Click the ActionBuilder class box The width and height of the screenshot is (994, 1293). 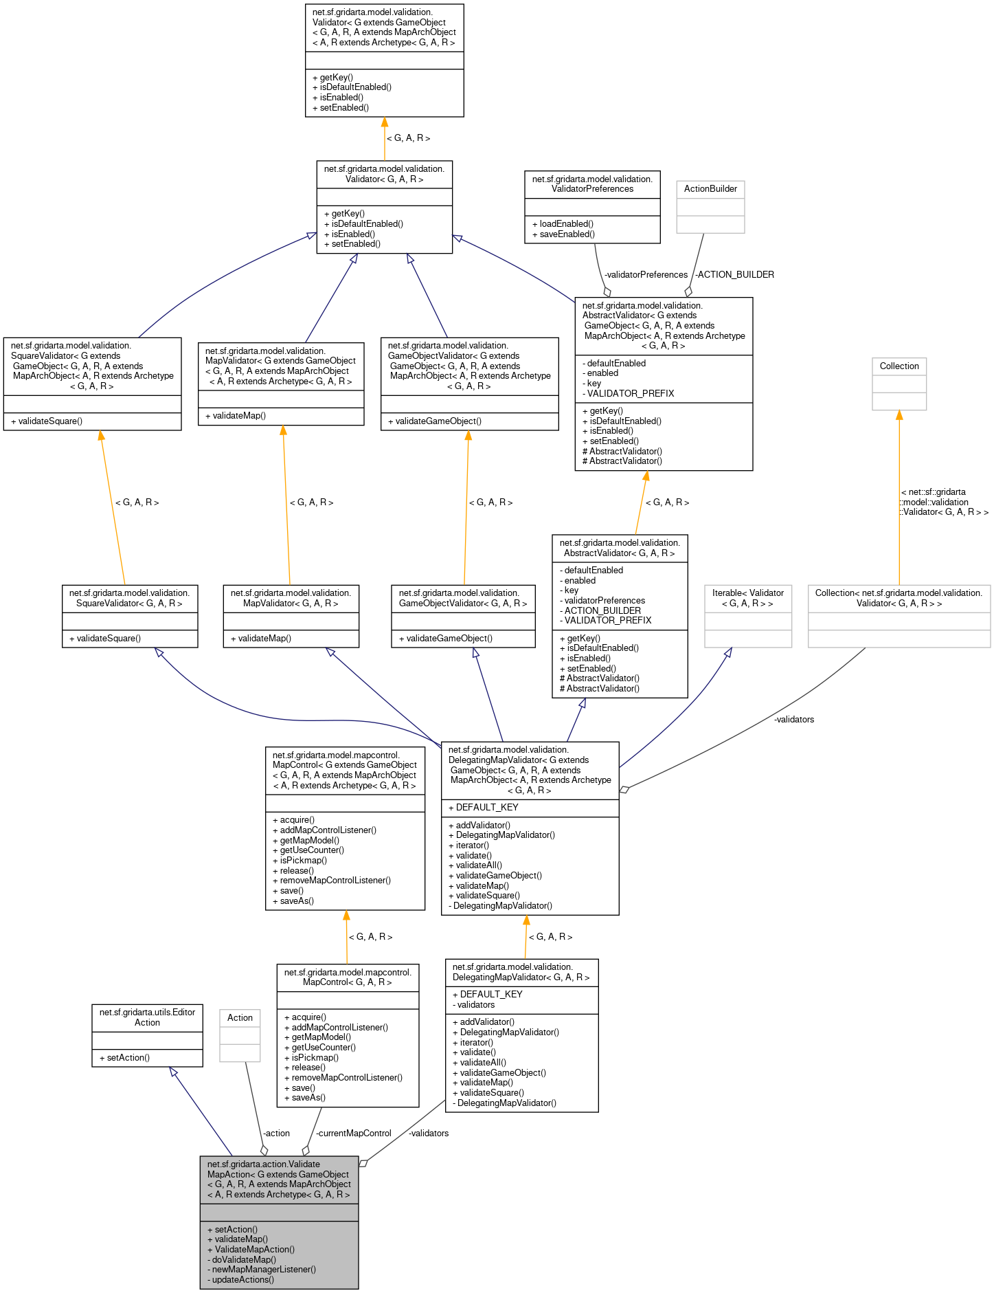pos(710,206)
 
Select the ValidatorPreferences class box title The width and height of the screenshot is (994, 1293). pos(592,184)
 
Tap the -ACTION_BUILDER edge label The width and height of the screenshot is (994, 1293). pos(735,275)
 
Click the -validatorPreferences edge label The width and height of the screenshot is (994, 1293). pos(646,275)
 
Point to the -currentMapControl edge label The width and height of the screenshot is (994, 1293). pos(354,1134)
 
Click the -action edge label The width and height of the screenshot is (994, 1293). pos(276,1134)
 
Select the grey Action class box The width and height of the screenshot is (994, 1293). pos(240,1035)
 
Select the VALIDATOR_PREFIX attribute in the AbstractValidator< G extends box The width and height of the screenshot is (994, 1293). pos(630,394)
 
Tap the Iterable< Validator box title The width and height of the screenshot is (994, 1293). pos(748,598)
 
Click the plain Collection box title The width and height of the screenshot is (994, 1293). pos(899,366)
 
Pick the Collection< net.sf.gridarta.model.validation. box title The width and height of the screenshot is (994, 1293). pos(899,598)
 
